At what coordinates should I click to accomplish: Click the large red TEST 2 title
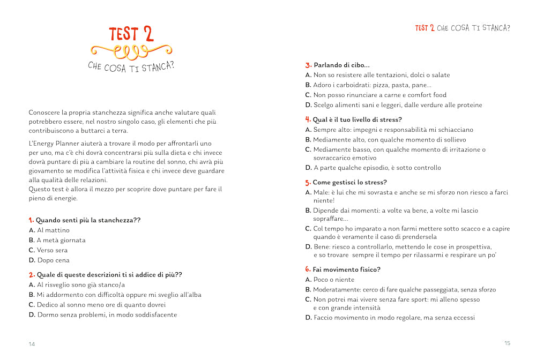click(x=131, y=34)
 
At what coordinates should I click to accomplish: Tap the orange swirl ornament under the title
click(x=131, y=51)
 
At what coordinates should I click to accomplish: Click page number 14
click(x=32, y=344)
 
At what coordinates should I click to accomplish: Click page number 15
click(x=507, y=343)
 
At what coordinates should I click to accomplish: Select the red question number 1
click(x=31, y=220)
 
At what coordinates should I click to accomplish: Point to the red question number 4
click(x=308, y=119)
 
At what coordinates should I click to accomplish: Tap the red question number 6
click(x=308, y=269)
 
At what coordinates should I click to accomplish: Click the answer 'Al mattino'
click(x=53, y=230)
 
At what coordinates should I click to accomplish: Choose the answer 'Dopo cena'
click(x=54, y=260)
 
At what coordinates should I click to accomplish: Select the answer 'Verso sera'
click(x=53, y=250)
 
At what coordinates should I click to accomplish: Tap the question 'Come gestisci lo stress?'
click(x=349, y=183)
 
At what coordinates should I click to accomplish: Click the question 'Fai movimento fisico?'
click(x=346, y=269)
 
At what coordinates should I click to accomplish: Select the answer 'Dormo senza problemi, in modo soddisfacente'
click(x=107, y=315)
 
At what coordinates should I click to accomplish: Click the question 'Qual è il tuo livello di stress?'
click(x=357, y=119)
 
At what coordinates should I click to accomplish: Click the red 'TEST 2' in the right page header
click(x=425, y=28)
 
